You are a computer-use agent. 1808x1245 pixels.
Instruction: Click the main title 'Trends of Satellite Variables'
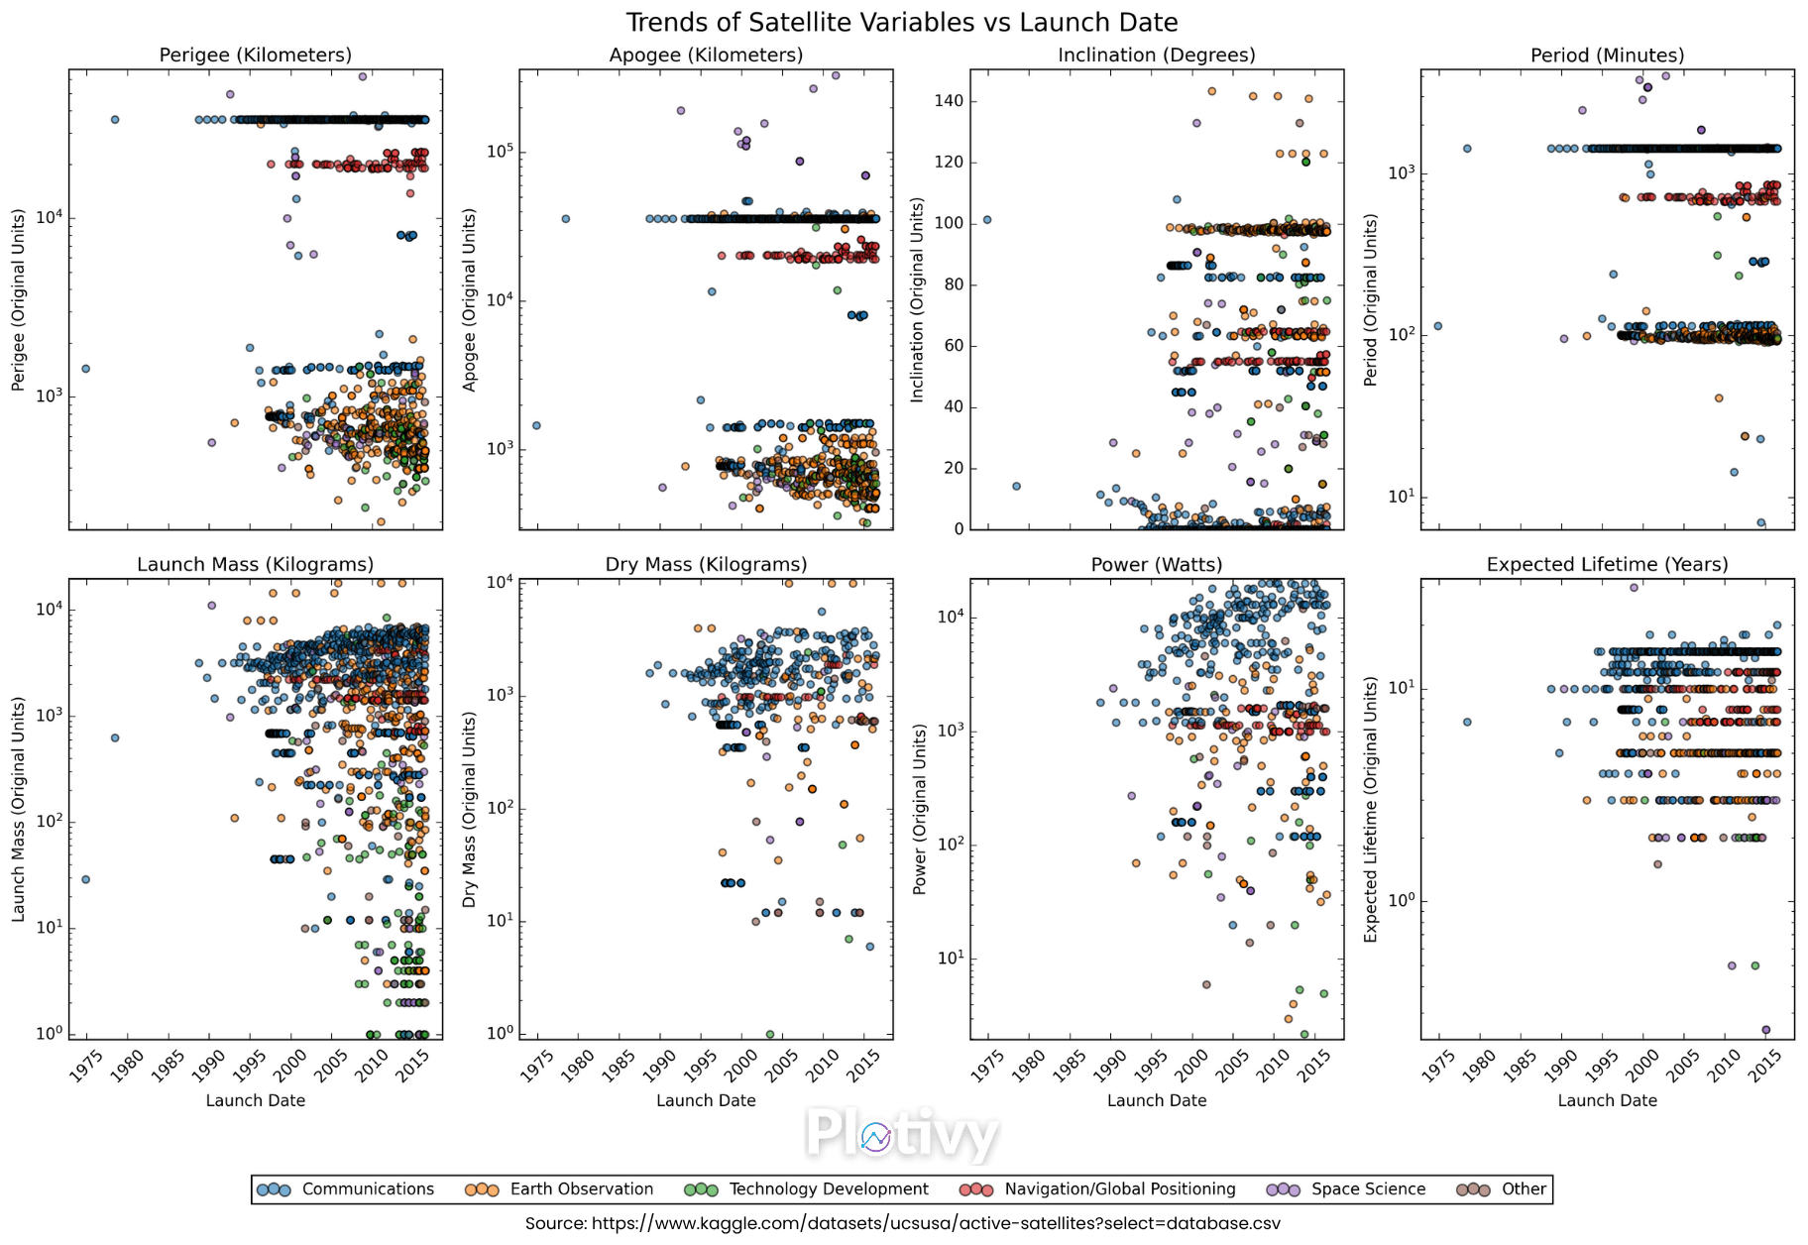[x=901, y=22]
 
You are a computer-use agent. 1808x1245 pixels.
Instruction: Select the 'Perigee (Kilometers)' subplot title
[x=255, y=56]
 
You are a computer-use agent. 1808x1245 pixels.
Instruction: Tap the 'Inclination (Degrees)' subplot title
[x=1156, y=56]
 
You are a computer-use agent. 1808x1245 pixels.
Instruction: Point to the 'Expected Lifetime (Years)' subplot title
[x=1607, y=565]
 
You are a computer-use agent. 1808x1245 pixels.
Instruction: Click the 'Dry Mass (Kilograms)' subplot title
[x=706, y=565]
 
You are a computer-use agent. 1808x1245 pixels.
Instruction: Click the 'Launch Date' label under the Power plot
[x=1156, y=1100]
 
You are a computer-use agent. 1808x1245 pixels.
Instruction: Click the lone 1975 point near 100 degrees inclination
[x=986, y=220]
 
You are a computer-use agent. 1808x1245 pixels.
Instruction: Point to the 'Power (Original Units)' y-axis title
[x=920, y=809]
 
